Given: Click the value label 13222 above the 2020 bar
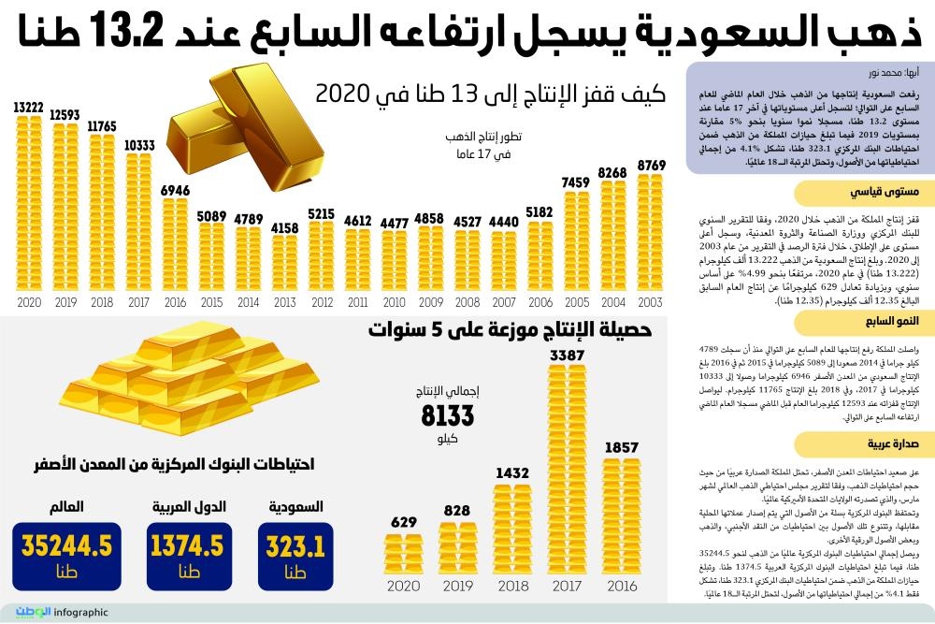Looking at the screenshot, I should (28, 109).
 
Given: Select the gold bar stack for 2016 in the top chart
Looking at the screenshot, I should (176, 245).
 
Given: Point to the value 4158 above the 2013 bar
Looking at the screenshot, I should (284, 227).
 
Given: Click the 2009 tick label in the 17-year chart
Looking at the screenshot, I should (429, 303).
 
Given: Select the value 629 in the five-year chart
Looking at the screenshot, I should (404, 521).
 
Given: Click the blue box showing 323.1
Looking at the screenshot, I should (295, 557).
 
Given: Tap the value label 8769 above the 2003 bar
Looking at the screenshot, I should (651, 165).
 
